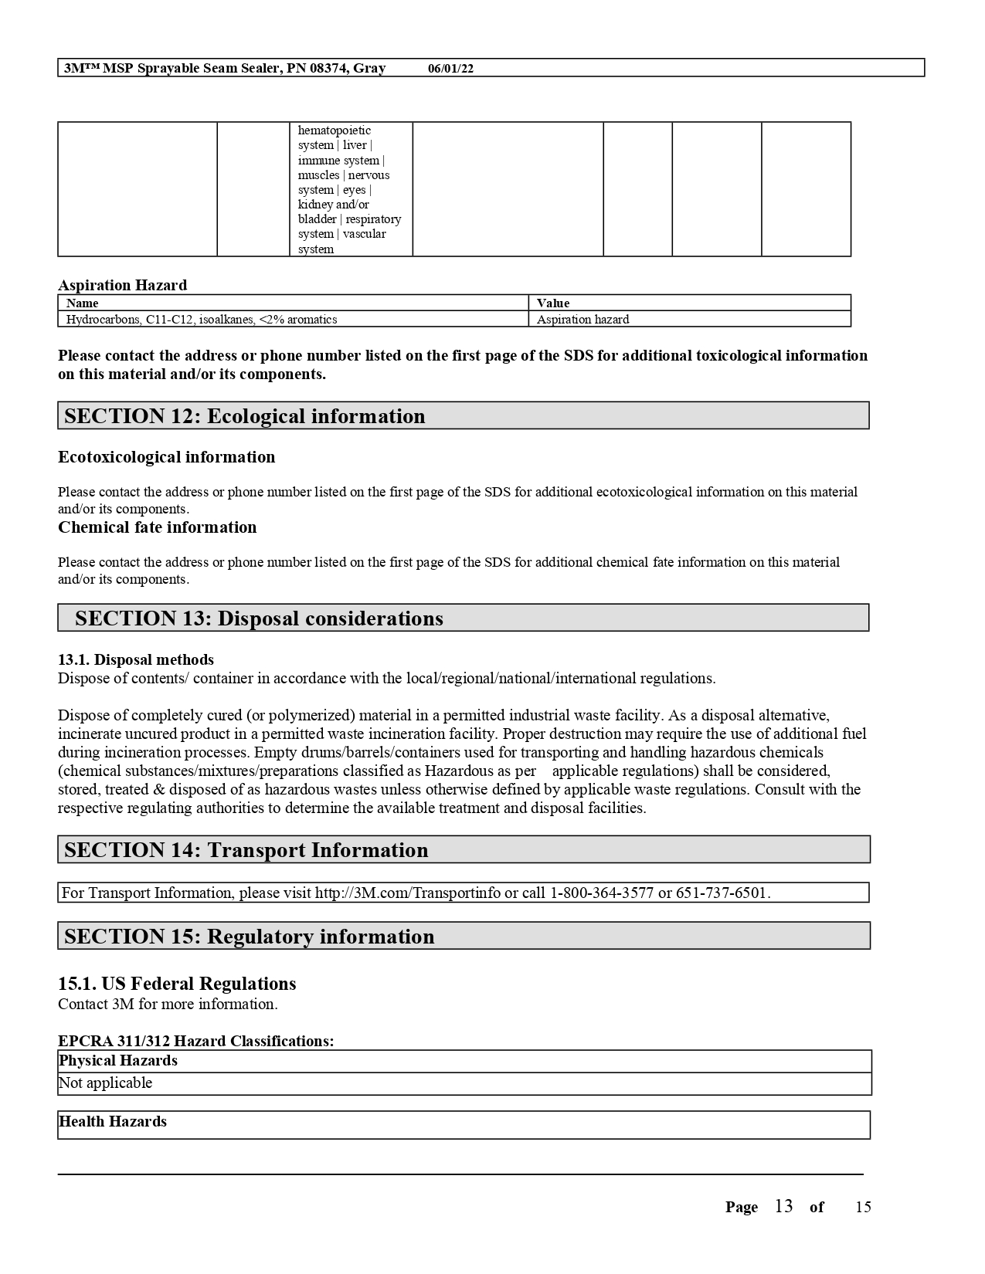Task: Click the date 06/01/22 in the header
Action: (450, 69)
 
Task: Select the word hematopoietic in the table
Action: (335, 130)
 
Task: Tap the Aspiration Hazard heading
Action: (122, 285)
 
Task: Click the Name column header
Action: (82, 303)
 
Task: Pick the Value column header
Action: (553, 303)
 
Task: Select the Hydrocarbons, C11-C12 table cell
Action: (202, 320)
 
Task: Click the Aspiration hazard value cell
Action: (583, 320)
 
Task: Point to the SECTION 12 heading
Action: (244, 416)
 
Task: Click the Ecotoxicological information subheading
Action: (166, 457)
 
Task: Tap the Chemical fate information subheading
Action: (157, 527)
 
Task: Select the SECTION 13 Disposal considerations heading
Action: (259, 618)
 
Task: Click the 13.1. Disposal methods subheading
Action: (136, 659)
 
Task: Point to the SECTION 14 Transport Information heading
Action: (246, 850)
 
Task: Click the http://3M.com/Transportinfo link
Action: (407, 893)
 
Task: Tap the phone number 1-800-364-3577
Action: (601, 893)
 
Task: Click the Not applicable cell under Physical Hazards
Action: (106, 1083)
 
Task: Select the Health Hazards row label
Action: (113, 1122)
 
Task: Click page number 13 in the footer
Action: (783, 1207)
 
